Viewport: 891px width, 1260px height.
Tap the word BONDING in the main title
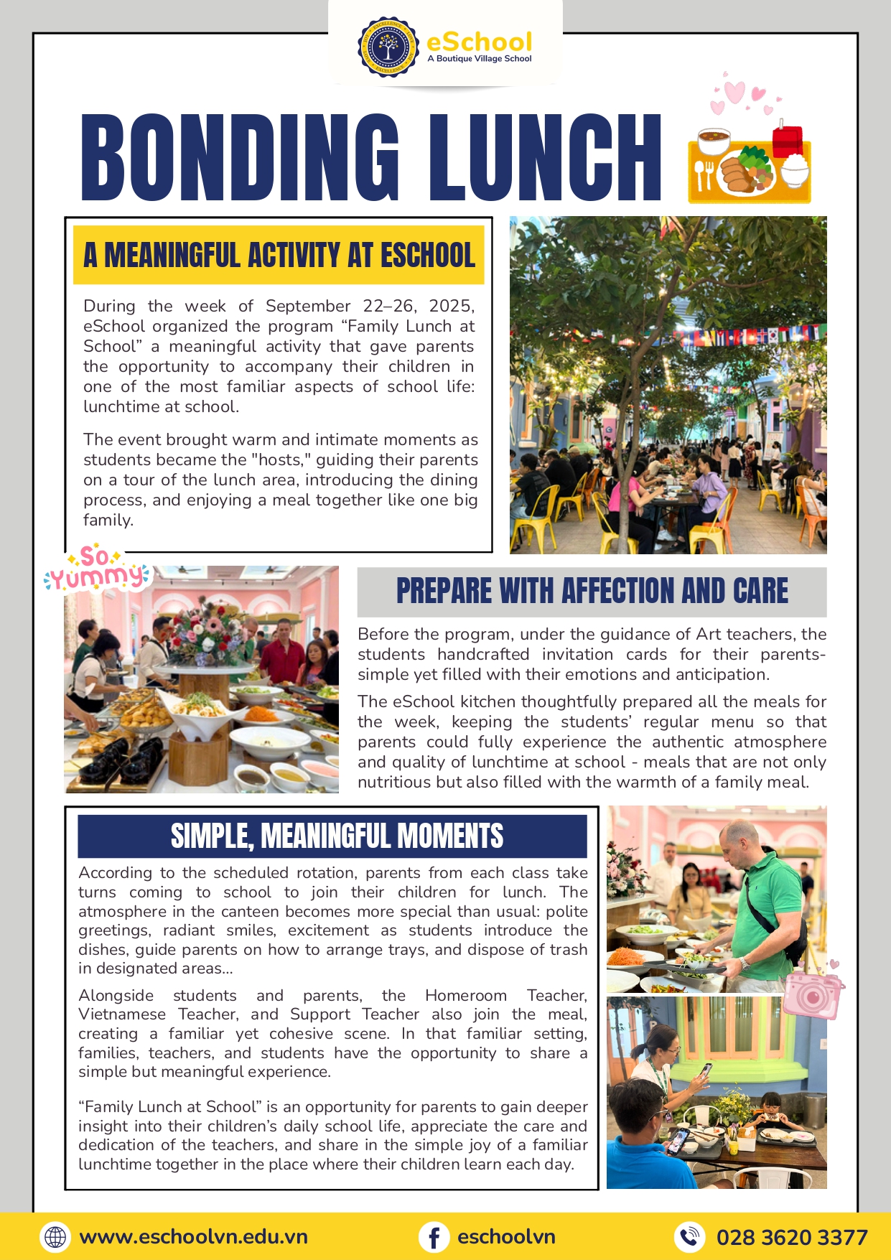(x=240, y=157)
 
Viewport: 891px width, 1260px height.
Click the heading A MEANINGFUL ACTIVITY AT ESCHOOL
(x=279, y=256)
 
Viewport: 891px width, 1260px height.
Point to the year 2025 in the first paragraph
(x=449, y=306)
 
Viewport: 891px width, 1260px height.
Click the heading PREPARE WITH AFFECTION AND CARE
(x=592, y=592)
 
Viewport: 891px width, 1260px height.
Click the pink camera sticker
(x=813, y=995)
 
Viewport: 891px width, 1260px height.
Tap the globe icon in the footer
(x=55, y=1237)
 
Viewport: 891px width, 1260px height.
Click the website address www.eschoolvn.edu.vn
(x=194, y=1237)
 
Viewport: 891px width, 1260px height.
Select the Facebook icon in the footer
(x=434, y=1237)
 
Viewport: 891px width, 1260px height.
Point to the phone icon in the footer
(x=689, y=1237)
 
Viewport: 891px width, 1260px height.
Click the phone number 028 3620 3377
(x=792, y=1237)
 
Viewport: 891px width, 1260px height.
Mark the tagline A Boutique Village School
(x=480, y=59)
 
